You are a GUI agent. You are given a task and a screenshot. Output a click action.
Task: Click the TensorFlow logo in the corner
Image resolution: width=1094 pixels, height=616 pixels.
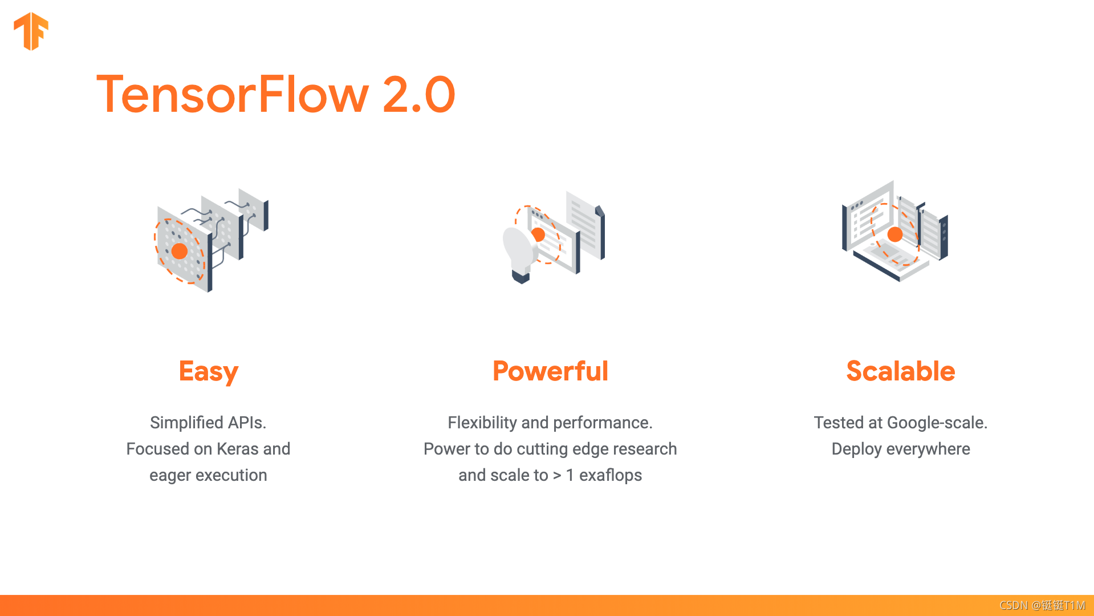coord(31,31)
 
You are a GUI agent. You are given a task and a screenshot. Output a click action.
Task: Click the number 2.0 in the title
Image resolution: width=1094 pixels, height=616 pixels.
coord(419,95)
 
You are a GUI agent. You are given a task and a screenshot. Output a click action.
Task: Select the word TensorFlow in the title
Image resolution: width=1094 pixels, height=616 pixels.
coord(233,95)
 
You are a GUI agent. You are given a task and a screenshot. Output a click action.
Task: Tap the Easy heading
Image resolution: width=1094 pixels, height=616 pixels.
coord(209,372)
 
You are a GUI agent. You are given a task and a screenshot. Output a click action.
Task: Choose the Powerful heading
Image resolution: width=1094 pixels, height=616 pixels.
coord(550,371)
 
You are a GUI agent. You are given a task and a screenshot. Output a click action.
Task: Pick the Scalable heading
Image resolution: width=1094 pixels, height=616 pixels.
coord(901,371)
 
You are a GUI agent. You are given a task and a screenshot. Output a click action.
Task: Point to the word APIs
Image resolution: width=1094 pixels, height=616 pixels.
coord(247,423)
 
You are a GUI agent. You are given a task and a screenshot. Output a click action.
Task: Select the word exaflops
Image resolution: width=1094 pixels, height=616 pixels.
coord(611,476)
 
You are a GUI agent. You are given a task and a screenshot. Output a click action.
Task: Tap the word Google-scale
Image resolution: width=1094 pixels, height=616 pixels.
coord(937,423)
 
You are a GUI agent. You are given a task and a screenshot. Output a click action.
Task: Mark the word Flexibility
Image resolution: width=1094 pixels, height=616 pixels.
coord(482,423)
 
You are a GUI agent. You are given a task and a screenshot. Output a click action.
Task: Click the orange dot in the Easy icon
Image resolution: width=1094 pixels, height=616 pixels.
coord(180,251)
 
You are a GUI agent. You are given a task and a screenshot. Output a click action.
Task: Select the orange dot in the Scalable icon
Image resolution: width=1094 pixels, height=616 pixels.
coord(895,234)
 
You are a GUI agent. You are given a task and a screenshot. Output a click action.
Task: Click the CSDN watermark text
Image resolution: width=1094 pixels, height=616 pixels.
coord(1042,605)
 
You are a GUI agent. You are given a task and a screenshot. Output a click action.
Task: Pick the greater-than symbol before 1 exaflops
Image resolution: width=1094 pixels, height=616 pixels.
coord(557,476)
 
